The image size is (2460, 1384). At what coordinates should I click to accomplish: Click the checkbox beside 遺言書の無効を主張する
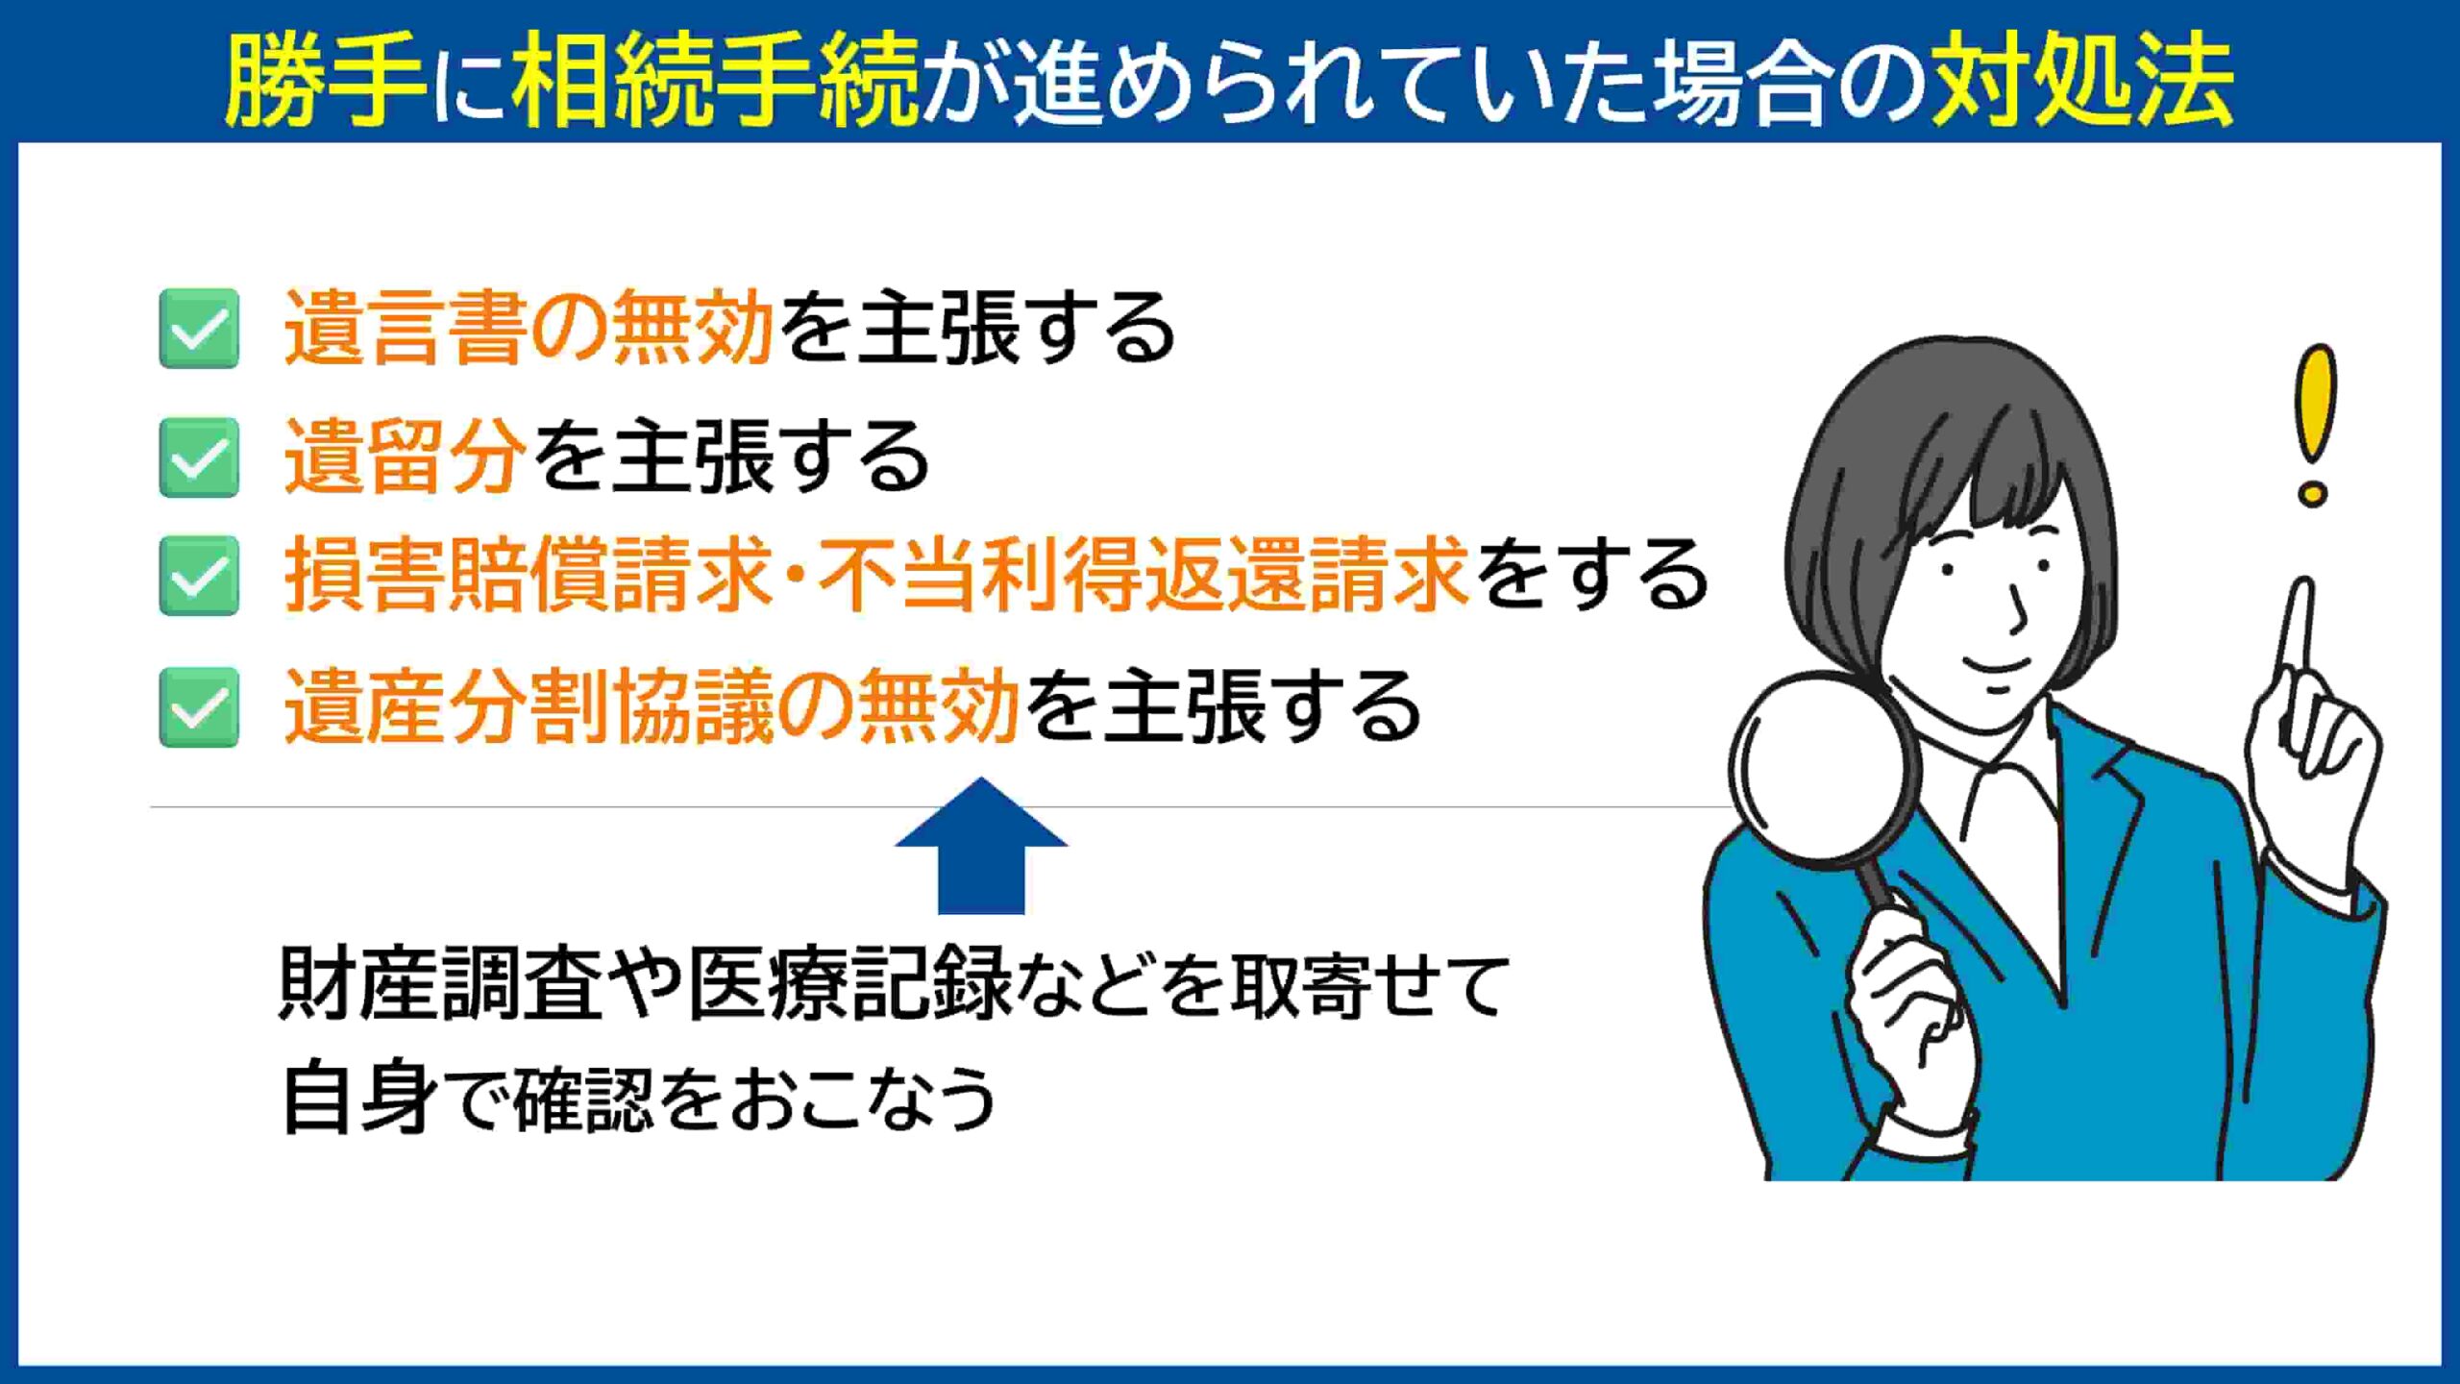point(199,329)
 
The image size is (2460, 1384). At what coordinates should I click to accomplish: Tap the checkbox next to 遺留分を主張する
point(199,457)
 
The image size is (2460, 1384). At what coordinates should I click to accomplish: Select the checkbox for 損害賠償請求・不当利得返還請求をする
point(199,576)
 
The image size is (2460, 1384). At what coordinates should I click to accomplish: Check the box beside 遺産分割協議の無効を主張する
point(199,706)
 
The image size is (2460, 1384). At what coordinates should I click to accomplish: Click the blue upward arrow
point(981,846)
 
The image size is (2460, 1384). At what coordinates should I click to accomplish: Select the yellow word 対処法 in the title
point(2083,81)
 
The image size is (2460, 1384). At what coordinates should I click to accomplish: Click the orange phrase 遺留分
point(406,457)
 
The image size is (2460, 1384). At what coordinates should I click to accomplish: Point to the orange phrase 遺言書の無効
point(529,329)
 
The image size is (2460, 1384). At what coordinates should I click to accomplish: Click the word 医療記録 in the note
point(850,984)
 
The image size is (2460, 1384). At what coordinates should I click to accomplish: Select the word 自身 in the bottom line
point(361,1098)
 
